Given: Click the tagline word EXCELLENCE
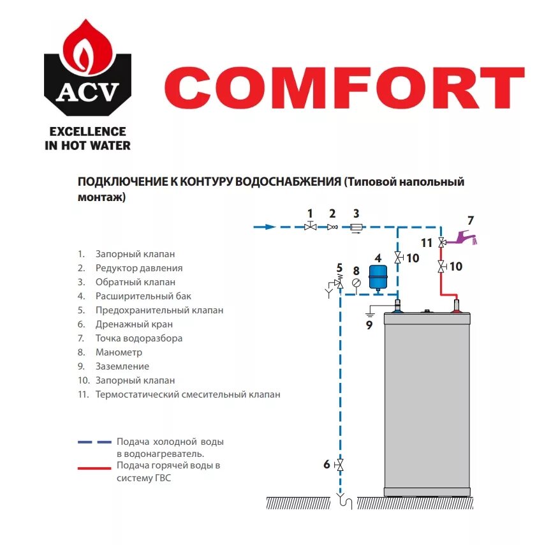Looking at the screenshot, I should point(87,131).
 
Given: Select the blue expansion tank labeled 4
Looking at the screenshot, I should point(379,278).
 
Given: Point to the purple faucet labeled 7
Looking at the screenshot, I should point(464,239).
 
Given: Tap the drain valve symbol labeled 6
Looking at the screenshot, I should point(340,465).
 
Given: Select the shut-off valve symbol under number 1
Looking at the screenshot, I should point(311,227).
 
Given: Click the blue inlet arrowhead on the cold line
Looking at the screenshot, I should point(270,227).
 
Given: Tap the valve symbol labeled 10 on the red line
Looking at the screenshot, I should point(441,267).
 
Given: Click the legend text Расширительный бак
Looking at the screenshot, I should point(143,296).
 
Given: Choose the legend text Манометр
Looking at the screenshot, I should point(119,352).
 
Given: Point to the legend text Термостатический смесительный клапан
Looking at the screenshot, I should point(187,394).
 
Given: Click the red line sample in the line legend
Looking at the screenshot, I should point(94,468).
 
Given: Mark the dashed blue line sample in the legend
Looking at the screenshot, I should point(94,442).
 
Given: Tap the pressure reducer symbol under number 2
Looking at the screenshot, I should point(332,227).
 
